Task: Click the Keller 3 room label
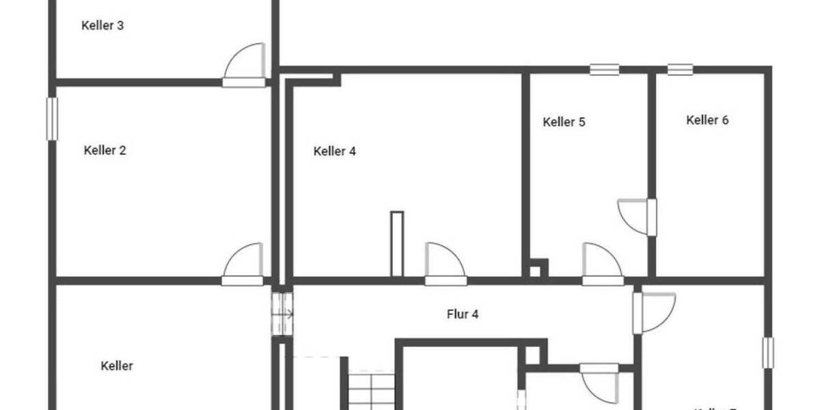(x=102, y=26)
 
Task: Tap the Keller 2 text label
(x=105, y=150)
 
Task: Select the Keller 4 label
(x=334, y=151)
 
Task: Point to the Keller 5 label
(x=564, y=122)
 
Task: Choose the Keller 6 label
(x=707, y=120)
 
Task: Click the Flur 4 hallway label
(x=461, y=314)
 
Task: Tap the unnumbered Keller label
(x=117, y=366)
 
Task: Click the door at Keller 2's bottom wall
(x=243, y=265)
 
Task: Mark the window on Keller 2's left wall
(x=52, y=119)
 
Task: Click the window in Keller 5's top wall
(x=605, y=69)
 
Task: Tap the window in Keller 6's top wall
(x=680, y=69)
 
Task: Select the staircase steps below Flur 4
(x=372, y=390)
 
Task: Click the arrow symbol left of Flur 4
(x=283, y=314)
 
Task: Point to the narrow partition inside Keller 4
(x=397, y=244)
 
